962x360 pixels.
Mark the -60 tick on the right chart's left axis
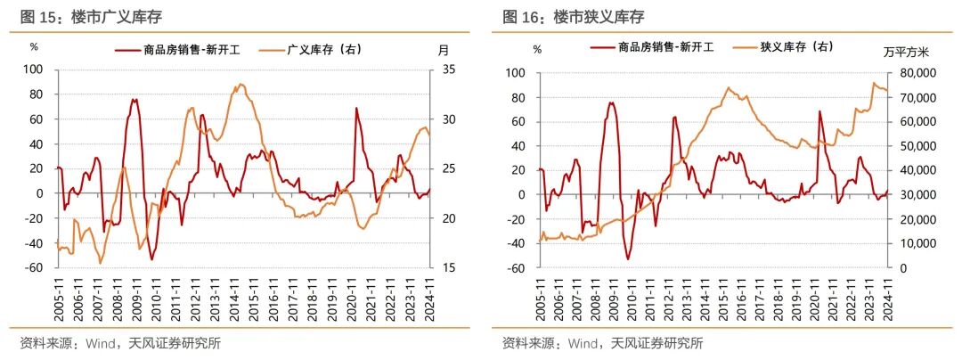click(x=518, y=267)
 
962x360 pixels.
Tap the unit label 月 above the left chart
click(x=444, y=50)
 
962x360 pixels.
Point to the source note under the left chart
click(x=119, y=343)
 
